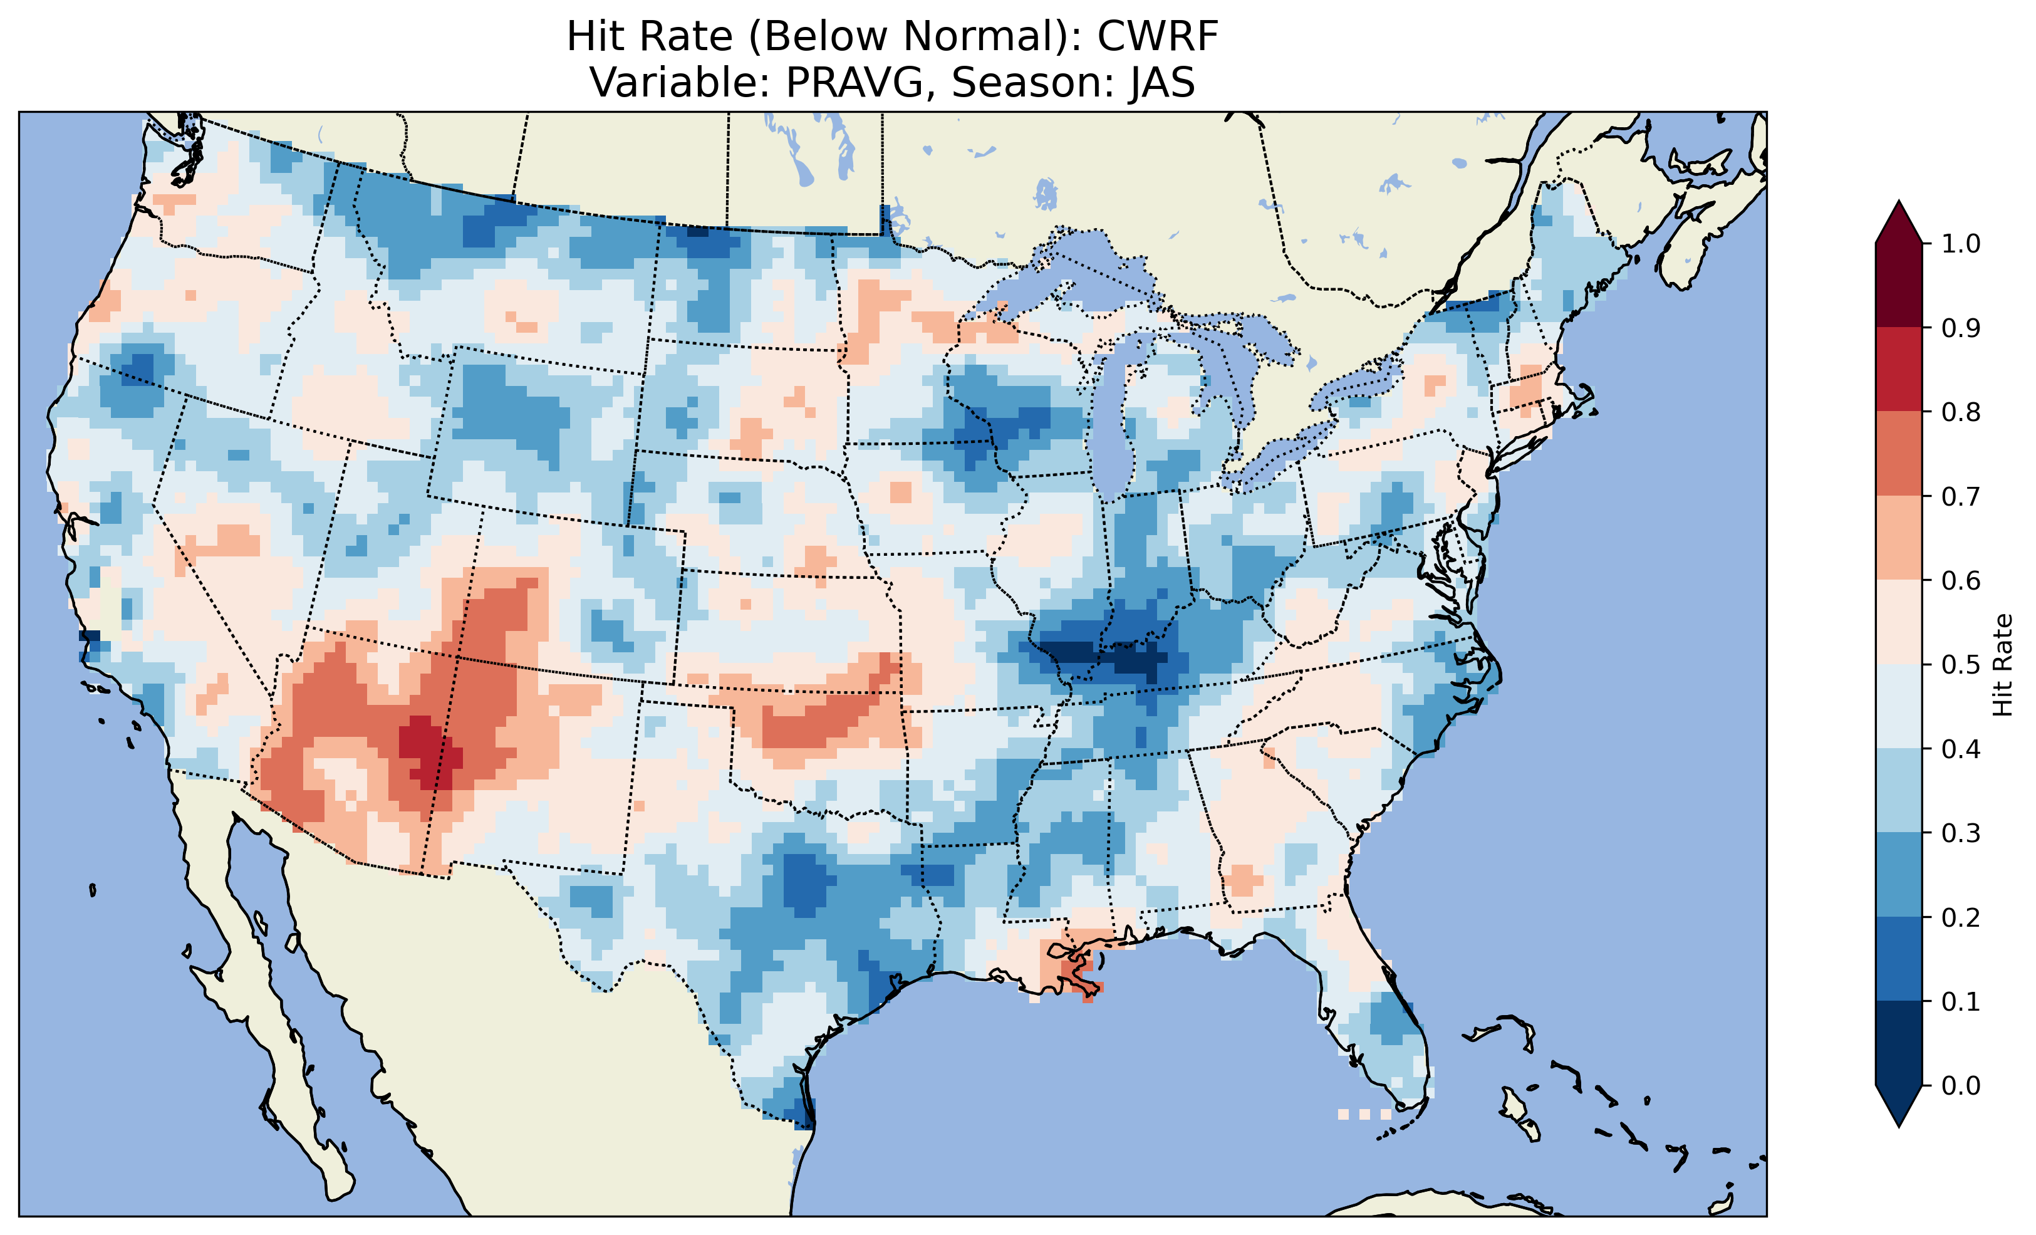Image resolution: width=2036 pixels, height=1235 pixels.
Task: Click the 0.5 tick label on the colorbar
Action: (1961, 665)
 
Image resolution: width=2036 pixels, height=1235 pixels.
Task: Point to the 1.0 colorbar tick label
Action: (1961, 244)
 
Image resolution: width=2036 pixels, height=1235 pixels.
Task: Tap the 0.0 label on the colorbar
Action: (1961, 1085)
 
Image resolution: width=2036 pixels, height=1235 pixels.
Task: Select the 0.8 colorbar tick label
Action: (1961, 412)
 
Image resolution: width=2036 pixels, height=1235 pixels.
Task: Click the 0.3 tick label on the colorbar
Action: (1961, 833)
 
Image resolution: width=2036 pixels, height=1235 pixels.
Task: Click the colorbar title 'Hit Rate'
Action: (2002, 665)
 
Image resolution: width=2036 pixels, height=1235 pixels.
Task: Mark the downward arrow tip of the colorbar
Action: (1899, 1123)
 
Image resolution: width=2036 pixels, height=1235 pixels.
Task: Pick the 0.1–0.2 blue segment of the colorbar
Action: (1899, 959)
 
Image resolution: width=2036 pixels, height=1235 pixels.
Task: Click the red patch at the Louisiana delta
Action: (1074, 967)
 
